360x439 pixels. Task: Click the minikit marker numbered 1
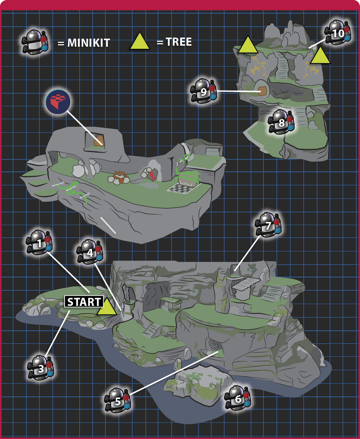click(39, 242)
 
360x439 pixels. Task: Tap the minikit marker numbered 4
click(90, 252)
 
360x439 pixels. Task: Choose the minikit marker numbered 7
click(268, 225)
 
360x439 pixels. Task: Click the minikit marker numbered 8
click(281, 122)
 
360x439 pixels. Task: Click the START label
click(84, 302)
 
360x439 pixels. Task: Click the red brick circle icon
click(58, 102)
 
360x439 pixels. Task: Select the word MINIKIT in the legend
click(89, 43)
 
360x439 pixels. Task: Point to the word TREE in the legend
click(179, 42)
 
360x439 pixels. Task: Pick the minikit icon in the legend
click(35, 42)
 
